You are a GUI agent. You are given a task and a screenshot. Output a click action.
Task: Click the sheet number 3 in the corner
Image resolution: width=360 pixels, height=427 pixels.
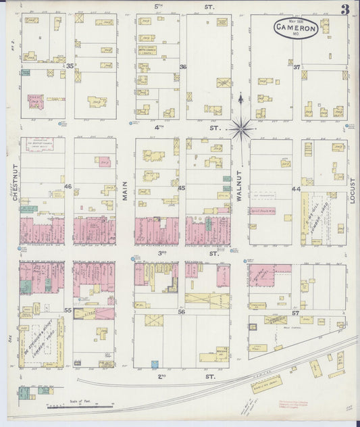345,9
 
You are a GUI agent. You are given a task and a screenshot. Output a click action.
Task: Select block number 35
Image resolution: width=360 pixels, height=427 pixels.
70,66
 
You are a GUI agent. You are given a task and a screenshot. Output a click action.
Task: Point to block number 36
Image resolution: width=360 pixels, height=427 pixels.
182,66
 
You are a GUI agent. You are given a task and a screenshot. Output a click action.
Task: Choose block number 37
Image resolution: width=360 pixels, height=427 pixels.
296,66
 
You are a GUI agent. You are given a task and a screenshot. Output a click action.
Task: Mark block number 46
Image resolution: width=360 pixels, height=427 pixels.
68,186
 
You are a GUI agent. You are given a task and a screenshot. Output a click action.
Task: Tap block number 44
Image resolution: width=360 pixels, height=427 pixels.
296,189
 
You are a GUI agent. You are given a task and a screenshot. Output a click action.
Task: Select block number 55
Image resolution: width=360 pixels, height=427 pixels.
68,310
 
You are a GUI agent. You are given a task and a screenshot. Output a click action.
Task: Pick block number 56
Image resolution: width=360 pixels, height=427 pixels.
181,312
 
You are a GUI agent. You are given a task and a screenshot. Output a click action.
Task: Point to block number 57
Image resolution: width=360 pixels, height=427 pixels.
296,313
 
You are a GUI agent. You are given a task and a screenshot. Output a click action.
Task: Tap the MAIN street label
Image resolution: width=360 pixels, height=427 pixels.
126,182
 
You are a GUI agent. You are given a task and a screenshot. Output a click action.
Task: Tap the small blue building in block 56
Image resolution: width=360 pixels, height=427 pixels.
155,364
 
